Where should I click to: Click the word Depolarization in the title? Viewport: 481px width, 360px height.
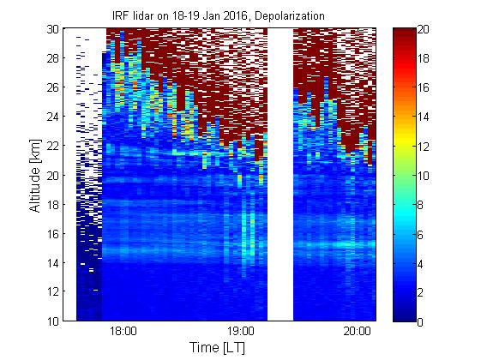pos(289,16)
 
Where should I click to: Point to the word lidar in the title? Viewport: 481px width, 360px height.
pos(143,15)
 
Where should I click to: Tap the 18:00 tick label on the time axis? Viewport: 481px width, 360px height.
pos(123,332)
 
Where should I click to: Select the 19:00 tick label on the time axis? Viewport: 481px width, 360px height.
pos(241,332)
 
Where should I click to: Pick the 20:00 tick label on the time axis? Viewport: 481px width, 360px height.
pos(357,332)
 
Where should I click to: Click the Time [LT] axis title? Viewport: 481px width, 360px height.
pos(218,348)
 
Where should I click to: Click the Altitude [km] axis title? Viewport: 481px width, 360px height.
pos(35,176)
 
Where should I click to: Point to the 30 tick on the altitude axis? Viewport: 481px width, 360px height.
pos(53,29)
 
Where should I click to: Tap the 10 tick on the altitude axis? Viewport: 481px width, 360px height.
pos(53,321)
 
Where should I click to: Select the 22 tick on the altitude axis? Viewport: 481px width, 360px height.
pos(53,146)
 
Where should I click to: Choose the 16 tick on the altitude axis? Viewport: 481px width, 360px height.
pos(53,234)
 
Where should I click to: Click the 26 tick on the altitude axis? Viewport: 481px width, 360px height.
pos(53,87)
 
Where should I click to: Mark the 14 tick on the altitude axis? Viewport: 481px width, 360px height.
pos(53,263)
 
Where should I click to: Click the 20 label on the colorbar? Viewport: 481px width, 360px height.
pos(424,29)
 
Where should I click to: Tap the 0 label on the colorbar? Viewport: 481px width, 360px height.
pos(420,322)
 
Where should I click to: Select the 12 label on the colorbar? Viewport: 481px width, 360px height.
pos(424,147)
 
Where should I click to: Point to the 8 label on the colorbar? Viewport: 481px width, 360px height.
pos(420,205)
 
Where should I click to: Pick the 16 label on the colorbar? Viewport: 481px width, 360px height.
pos(424,88)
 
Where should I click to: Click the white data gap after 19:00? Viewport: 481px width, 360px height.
pos(280,175)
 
